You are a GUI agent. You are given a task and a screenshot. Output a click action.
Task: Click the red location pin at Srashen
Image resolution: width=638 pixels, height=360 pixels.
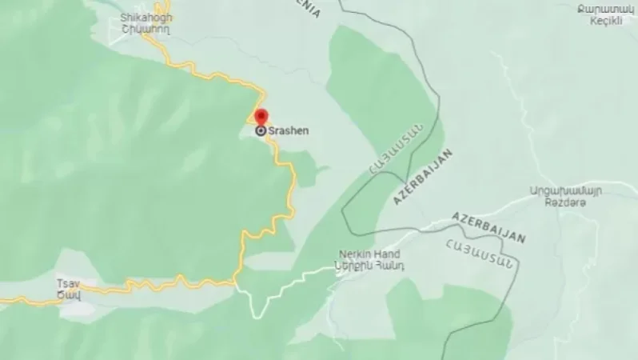click(x=261, y=118)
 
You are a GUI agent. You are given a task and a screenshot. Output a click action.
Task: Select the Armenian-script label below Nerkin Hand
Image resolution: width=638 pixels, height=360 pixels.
click(x=370, y=265)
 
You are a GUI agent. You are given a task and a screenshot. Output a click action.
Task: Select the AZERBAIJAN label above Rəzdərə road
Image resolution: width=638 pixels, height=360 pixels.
click(x=488, y=227)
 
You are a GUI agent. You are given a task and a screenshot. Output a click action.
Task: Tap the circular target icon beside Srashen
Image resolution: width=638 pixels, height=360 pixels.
click(x=261, y=130)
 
